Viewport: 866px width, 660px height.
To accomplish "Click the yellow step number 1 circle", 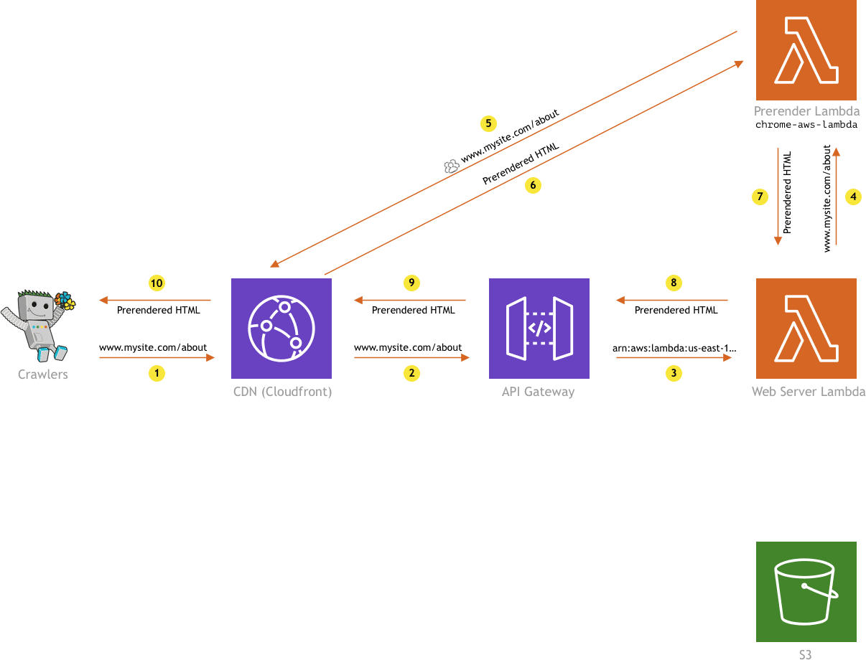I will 156,373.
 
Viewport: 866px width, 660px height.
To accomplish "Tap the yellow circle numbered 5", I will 488,123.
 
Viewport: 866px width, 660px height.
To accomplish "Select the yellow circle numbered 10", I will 156,283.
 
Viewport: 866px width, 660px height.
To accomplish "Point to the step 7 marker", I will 760,196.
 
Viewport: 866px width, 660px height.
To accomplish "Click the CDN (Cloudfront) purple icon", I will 281,328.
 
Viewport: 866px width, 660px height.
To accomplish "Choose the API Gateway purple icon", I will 539,328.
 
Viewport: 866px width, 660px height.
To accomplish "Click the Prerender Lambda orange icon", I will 806,50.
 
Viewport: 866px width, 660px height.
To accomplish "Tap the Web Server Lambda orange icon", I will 806,328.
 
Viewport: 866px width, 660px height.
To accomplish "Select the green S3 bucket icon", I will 806,592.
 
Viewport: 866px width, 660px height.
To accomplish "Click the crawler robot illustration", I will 38,325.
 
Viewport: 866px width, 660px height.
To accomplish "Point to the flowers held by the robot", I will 65,300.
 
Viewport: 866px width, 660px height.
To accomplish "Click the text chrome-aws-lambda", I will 806,125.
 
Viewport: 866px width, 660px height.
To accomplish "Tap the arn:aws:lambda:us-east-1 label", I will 674,348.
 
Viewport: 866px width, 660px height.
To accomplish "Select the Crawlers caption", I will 43,374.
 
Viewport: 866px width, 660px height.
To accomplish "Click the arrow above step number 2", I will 411,357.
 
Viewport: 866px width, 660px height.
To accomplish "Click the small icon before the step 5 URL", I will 451,166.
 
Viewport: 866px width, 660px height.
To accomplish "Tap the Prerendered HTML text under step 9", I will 413,310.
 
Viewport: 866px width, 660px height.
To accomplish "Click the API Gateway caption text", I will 539,392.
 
